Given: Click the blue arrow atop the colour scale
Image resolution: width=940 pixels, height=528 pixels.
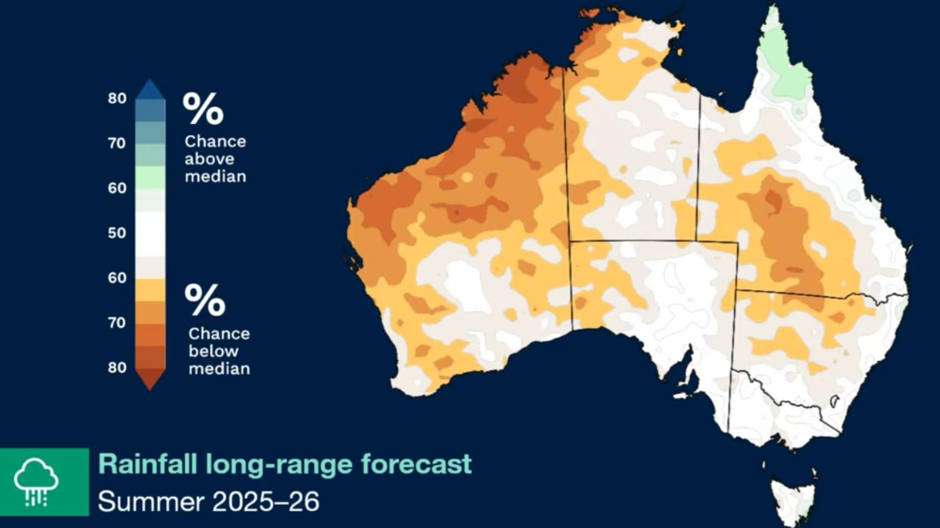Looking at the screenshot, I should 150,90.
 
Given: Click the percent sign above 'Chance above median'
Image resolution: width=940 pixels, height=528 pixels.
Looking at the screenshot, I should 203,109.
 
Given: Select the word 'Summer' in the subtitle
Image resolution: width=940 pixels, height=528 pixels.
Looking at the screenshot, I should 150,502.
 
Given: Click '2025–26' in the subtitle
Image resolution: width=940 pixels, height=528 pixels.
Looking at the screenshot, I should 267,502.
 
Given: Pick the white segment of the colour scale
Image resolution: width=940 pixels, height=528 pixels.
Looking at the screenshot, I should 150,232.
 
